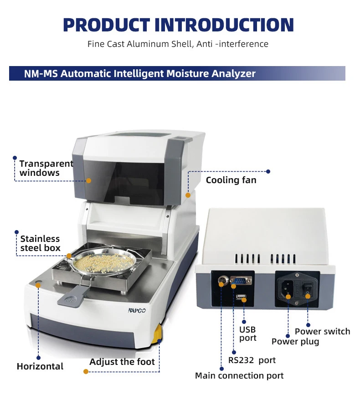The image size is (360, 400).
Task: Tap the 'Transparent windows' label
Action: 46,168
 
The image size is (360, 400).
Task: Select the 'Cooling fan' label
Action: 231,180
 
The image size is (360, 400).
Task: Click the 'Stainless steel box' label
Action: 40,243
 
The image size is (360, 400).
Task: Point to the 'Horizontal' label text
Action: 40,366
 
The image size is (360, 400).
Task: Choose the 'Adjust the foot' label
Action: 122,362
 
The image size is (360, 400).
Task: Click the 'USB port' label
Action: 248,333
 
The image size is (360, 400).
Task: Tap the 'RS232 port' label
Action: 252,360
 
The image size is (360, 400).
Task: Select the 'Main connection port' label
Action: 239,375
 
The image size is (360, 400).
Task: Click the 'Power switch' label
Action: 322,331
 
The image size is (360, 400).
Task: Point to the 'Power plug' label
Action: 295,341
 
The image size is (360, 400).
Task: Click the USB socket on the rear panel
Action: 242,298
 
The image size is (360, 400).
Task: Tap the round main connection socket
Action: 222,281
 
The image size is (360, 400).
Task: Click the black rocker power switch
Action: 308,288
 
